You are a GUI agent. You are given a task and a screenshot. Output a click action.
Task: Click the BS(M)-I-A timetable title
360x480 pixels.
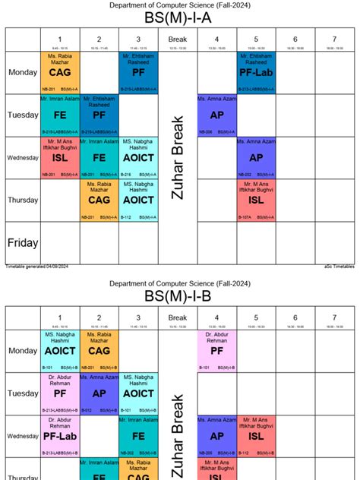coord(179,17)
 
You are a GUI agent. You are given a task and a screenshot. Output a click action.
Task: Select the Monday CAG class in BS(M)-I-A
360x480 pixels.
coord(60,73)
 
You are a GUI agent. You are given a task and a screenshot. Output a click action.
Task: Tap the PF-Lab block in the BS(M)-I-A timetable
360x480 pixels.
coord(255,73)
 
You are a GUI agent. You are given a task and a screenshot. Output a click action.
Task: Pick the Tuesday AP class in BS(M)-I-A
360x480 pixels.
coord(216,115)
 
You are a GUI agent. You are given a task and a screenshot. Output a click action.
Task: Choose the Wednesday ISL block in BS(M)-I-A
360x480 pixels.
coord(60,158)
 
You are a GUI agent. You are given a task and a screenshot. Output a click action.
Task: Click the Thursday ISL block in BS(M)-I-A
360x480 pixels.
coord(255,201)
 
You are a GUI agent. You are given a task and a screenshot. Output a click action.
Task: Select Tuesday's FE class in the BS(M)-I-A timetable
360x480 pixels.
coord(60,115)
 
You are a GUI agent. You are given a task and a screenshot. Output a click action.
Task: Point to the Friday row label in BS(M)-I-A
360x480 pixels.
coord(23,243)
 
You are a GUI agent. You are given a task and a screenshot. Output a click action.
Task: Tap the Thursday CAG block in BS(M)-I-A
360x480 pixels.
coord(99,201)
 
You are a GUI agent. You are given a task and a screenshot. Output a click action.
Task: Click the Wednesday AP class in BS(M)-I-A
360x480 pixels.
coord(255,158)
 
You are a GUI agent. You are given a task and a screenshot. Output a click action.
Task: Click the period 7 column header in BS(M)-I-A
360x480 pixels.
coord(333,39)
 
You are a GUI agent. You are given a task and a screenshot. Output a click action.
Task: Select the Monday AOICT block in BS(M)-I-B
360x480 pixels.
coord(60,351)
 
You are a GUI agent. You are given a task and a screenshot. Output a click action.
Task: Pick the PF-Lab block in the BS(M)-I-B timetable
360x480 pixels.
coord(60,436)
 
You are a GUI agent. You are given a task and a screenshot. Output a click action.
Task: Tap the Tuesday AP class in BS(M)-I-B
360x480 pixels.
coord(99,393)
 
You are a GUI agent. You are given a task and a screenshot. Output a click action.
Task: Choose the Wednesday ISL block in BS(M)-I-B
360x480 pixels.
coord(255,436)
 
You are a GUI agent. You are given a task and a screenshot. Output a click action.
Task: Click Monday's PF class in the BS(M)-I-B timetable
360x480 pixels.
coord(216,351)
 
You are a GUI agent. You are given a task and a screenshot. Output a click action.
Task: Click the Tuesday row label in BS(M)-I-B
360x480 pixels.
coord(23,393)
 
